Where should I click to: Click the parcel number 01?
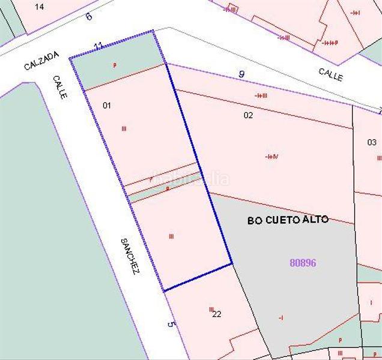(107, 106)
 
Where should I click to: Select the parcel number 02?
(248, 115)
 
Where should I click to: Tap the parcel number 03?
(372, 143)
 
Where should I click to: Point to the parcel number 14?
(40, 7)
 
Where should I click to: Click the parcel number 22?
(217, 314)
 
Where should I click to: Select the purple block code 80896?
(303, 263)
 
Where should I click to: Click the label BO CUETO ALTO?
(288, 220)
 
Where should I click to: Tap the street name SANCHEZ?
(130, 256)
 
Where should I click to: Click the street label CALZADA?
(41, 61)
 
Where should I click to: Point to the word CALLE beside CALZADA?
(59, 87)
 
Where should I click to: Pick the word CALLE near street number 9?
(331, 74)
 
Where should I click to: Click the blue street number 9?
(241, 74)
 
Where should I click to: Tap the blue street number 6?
(89, 16)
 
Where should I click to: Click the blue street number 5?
(171, 325)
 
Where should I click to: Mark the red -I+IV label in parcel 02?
(271, 157)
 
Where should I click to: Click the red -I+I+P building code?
(330, 43)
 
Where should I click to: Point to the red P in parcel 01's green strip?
(114, 65)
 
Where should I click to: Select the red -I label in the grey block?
(280, 317)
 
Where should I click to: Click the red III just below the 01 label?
(124, 128)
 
